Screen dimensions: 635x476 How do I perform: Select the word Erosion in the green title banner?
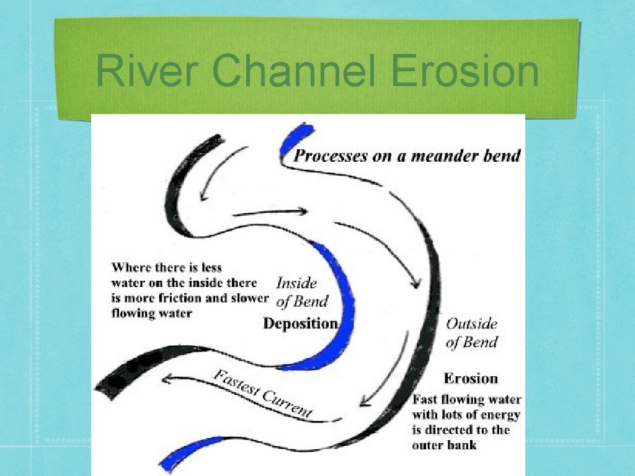coord(466,72)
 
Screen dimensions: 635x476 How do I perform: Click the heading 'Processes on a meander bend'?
coord(407,156)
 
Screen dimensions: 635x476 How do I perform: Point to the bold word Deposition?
coord(301,324)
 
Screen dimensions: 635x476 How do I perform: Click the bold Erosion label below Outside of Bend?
coord(471,378)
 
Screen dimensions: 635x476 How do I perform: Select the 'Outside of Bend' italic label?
coord(472,333)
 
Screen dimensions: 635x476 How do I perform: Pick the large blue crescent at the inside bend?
coord(335,310)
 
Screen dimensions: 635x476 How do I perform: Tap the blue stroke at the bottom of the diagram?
coord(189,451)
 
